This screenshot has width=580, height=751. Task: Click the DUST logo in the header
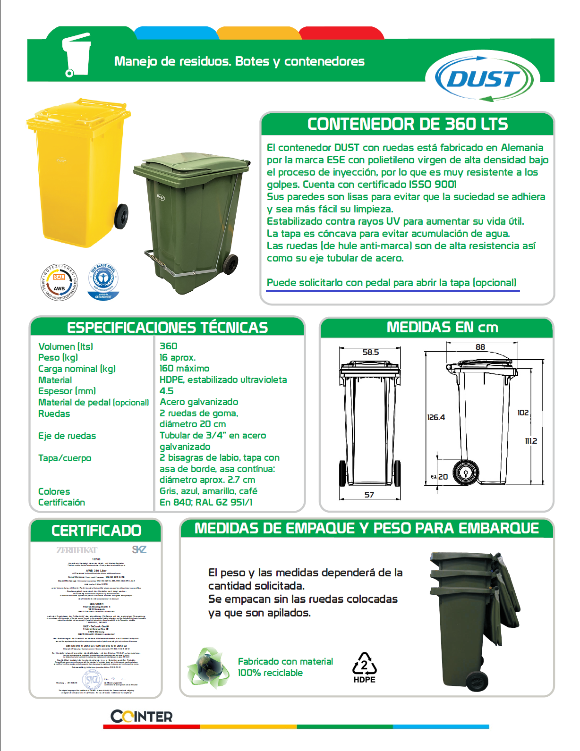(x=483, y=79)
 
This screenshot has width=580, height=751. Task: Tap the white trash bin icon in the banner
(x=77, y=55)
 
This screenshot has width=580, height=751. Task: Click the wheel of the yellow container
(x=122, y=217)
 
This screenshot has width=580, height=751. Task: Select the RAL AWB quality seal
(x=59, y=282)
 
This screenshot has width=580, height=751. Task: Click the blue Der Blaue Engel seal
(x=103, y=282)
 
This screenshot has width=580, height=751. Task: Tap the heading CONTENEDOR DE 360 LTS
(x=407, y=124)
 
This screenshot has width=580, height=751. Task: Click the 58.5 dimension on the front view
(x=371, y=352)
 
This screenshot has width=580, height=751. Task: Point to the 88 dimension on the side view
(x=480, y=347)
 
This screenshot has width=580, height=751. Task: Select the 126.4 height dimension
(x=436, y=417)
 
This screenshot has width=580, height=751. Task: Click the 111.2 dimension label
(x=531, y=441)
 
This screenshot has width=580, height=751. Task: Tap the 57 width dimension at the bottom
(x=369, y=495)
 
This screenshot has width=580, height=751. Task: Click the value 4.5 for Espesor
(x=167, y=391)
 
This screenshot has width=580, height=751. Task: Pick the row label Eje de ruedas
(x=67, y=436)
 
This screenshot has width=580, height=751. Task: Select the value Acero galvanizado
(x=199, y=402)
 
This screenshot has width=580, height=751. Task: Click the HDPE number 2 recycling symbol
(x=364, y=667)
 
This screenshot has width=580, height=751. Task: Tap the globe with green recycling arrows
(x=207, y=668)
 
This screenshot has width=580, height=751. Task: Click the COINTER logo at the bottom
(x=142, y=717)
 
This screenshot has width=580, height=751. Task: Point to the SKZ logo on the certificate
(x=139, y=549)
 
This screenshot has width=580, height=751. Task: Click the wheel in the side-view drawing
(x=466, y=473)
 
